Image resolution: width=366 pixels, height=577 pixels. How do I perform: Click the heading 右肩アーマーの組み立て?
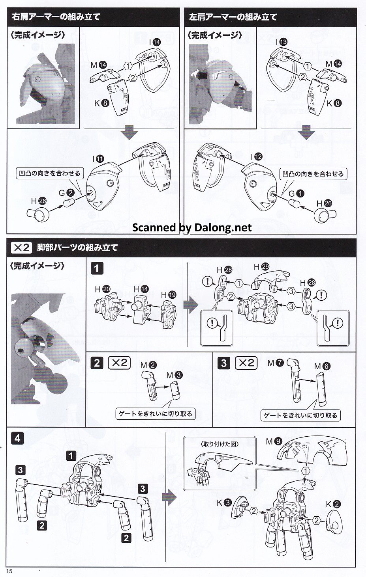click(x=56, y=17)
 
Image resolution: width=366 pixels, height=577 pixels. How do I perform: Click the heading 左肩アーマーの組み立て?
click(x=233, y=17)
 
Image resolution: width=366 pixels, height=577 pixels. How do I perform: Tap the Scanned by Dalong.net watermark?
click(x=192, y=227)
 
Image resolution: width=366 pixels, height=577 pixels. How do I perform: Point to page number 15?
click(x=9, y=571)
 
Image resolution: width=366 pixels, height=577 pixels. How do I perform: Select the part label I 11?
click(x=98, y=159)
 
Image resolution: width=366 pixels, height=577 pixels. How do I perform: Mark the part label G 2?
click(x=66, y=193)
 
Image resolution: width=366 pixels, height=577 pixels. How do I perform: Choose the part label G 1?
click(x=296, y=194)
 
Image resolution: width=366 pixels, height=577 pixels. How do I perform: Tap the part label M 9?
click(x=274, y=441)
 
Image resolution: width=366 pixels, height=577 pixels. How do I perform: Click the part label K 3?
click(x=224, y=503)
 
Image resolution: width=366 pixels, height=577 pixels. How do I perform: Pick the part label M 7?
click(x=276, y=363)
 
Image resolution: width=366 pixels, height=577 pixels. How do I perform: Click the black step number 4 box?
click(x=17, y=438)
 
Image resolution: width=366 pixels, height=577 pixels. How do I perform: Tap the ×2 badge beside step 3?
click(x=246, y=363)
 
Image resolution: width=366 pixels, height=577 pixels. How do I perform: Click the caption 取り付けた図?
click(x=220, y=444)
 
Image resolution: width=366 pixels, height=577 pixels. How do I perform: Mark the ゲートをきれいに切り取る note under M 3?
click(x=156, y=413)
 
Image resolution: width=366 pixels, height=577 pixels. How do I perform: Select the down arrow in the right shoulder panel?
click(x=130, y=133)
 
